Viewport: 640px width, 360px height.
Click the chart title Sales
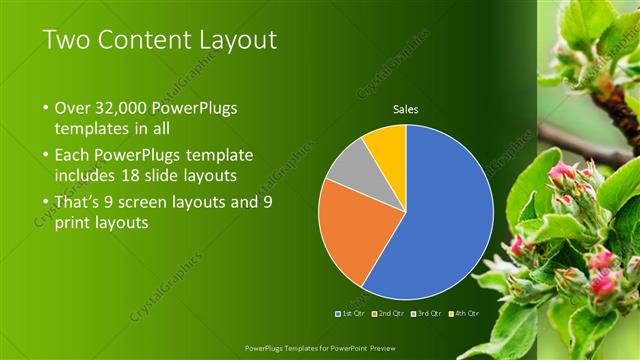[405, 109]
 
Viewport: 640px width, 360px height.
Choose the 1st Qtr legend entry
[351, 313]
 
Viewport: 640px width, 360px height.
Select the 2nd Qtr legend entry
[390, 313]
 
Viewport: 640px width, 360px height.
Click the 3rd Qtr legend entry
[428, 313]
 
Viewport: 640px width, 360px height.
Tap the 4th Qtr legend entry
[466, 313]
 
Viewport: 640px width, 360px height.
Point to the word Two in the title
[65, 41]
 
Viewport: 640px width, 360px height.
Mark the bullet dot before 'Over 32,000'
[45, 107]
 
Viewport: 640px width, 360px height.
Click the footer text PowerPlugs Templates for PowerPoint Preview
[319, 348]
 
